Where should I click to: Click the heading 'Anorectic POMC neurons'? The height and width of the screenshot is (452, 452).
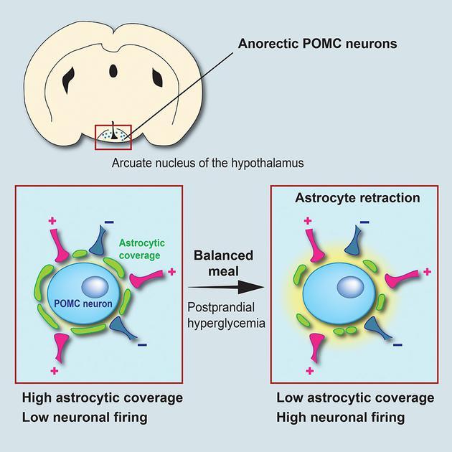click(317, 44)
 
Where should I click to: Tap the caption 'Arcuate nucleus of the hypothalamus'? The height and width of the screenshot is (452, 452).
click(207, 163)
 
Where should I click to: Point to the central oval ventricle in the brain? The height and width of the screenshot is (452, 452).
click(113, 71)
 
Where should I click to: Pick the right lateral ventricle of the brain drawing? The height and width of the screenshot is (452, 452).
click(157, 77)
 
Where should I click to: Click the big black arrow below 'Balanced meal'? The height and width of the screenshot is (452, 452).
click(226, 287)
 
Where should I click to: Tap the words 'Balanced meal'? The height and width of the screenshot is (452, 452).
click(223, 263)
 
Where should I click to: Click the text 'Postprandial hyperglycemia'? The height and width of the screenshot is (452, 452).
click(226, 315)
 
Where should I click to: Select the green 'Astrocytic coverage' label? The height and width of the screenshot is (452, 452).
click(142, 249)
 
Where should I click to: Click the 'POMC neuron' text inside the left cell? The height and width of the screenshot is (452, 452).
click(83, 303)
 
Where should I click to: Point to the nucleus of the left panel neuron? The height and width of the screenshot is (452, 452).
click(95, 287)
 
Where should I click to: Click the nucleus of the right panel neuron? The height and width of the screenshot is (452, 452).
click(351, 287)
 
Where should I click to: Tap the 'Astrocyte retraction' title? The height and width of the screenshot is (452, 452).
click(357, 198)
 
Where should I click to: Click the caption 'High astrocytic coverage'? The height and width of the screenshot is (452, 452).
click(103, 397)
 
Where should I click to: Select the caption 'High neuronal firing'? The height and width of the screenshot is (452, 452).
click(341, 418)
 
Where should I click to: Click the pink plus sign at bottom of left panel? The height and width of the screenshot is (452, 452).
click(55, 371)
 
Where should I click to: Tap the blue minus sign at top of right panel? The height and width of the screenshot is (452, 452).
click(364, 222)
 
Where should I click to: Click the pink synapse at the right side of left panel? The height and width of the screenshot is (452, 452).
click(146, 278)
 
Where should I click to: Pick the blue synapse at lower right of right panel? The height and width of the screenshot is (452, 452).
click(377, 327)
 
